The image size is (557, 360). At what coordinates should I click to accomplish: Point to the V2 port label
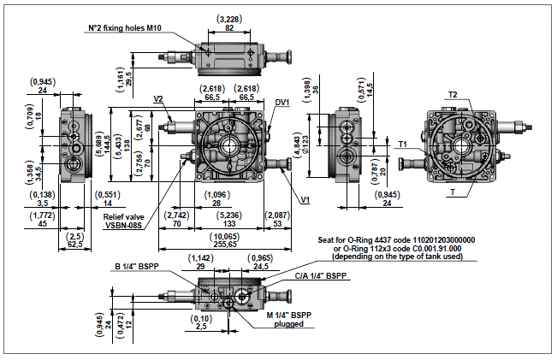click(x=159, y=99)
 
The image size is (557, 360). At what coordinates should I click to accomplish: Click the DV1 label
click(x=281, y=102)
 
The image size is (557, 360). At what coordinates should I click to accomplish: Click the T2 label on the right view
click(x=453, y=94)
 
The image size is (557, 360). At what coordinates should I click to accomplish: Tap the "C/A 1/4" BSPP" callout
click(x=320, y=276)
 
